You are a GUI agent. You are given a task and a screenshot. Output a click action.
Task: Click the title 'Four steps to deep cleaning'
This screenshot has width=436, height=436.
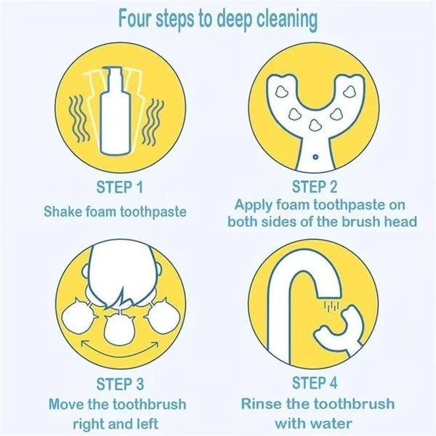tap(217, 20)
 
